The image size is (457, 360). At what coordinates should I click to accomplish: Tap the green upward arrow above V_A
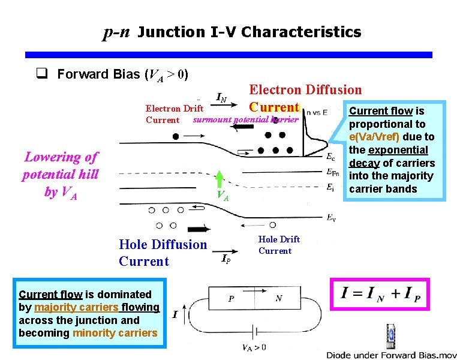point(220,179)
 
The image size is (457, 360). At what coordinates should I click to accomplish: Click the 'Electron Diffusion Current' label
point(305,98)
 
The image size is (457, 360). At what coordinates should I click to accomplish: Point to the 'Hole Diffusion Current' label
point(163,253)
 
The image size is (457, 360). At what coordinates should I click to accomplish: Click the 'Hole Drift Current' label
point(278,245)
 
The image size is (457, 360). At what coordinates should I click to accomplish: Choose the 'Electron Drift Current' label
point(173,114)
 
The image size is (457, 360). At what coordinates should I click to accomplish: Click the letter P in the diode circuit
point(230,298)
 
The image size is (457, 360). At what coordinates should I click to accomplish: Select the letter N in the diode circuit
point(279,298)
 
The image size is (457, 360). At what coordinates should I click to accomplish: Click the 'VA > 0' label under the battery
point(254,347)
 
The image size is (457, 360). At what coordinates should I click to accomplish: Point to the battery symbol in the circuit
point(257,332)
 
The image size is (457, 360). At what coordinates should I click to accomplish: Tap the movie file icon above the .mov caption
point(390,334)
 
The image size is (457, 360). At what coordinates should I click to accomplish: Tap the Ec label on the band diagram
point(330,158)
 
